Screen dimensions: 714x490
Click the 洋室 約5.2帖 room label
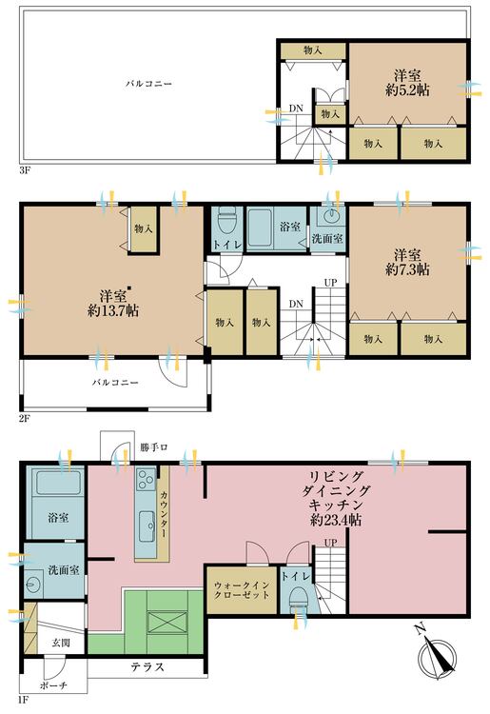point(408,84)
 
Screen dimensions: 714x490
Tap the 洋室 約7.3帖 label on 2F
point(408,262)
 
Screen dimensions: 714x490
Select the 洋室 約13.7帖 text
point(107,301)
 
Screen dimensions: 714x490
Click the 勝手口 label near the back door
point(151,446)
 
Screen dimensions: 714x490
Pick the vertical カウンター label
point(163,515)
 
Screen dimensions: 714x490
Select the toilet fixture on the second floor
point(225,222)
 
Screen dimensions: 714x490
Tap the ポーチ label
point(52,686)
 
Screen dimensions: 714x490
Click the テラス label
point(147,668)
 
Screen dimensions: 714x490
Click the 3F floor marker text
point(25,171)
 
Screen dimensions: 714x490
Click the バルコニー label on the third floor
point(148,84)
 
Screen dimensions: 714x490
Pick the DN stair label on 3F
point(296,109)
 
